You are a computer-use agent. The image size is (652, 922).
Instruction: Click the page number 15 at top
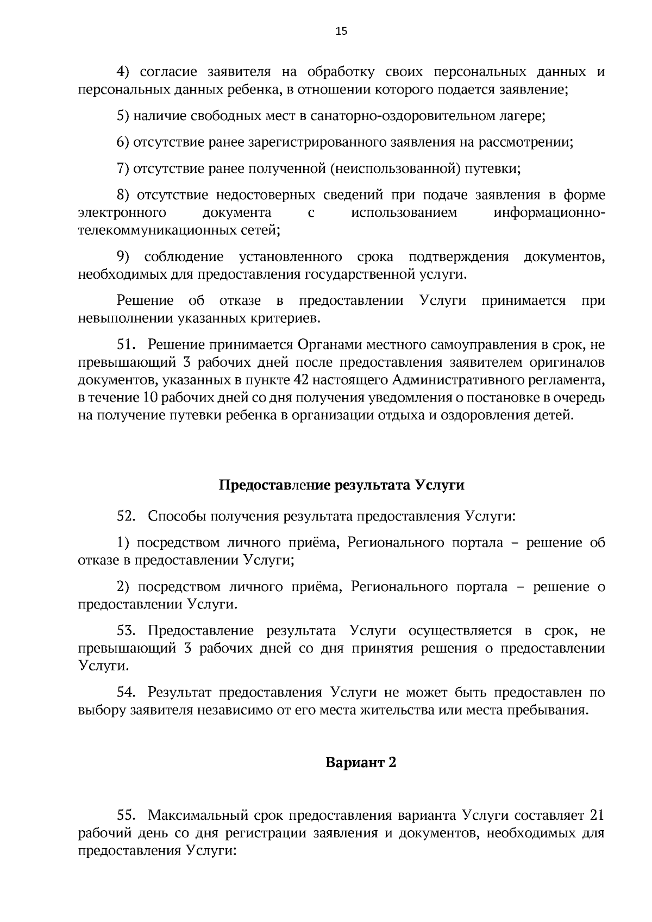point(341,31)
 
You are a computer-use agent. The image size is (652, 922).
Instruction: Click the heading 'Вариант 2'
point(361,762)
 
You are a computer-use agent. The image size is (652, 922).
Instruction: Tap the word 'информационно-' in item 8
point(549,213)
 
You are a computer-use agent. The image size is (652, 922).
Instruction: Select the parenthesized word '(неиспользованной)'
point(392,168)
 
